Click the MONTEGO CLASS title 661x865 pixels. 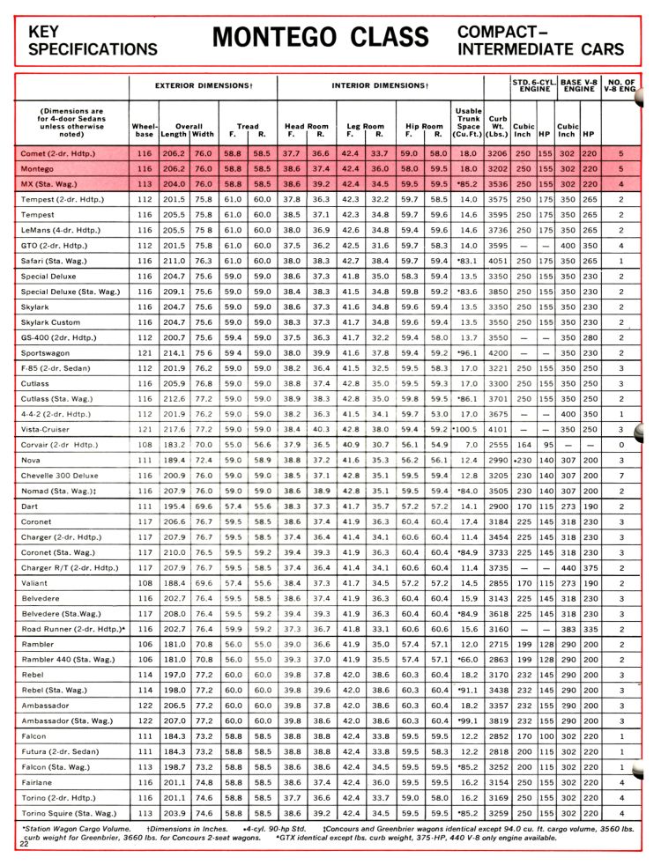tap(321, 38)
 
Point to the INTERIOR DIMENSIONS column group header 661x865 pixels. tap(381, 85)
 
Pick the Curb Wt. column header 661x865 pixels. tap(496, 129)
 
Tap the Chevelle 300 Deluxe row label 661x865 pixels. tap(61, 475)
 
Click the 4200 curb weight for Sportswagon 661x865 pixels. tap(497, 352)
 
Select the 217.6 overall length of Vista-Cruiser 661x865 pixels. tap(174, 429)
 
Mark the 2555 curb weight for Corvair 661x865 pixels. tap(497, 444)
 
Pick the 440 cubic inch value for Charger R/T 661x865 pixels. tap(569, 567)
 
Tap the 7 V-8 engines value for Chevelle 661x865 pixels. tap(621, 475)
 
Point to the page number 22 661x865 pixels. tap(24, 843)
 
